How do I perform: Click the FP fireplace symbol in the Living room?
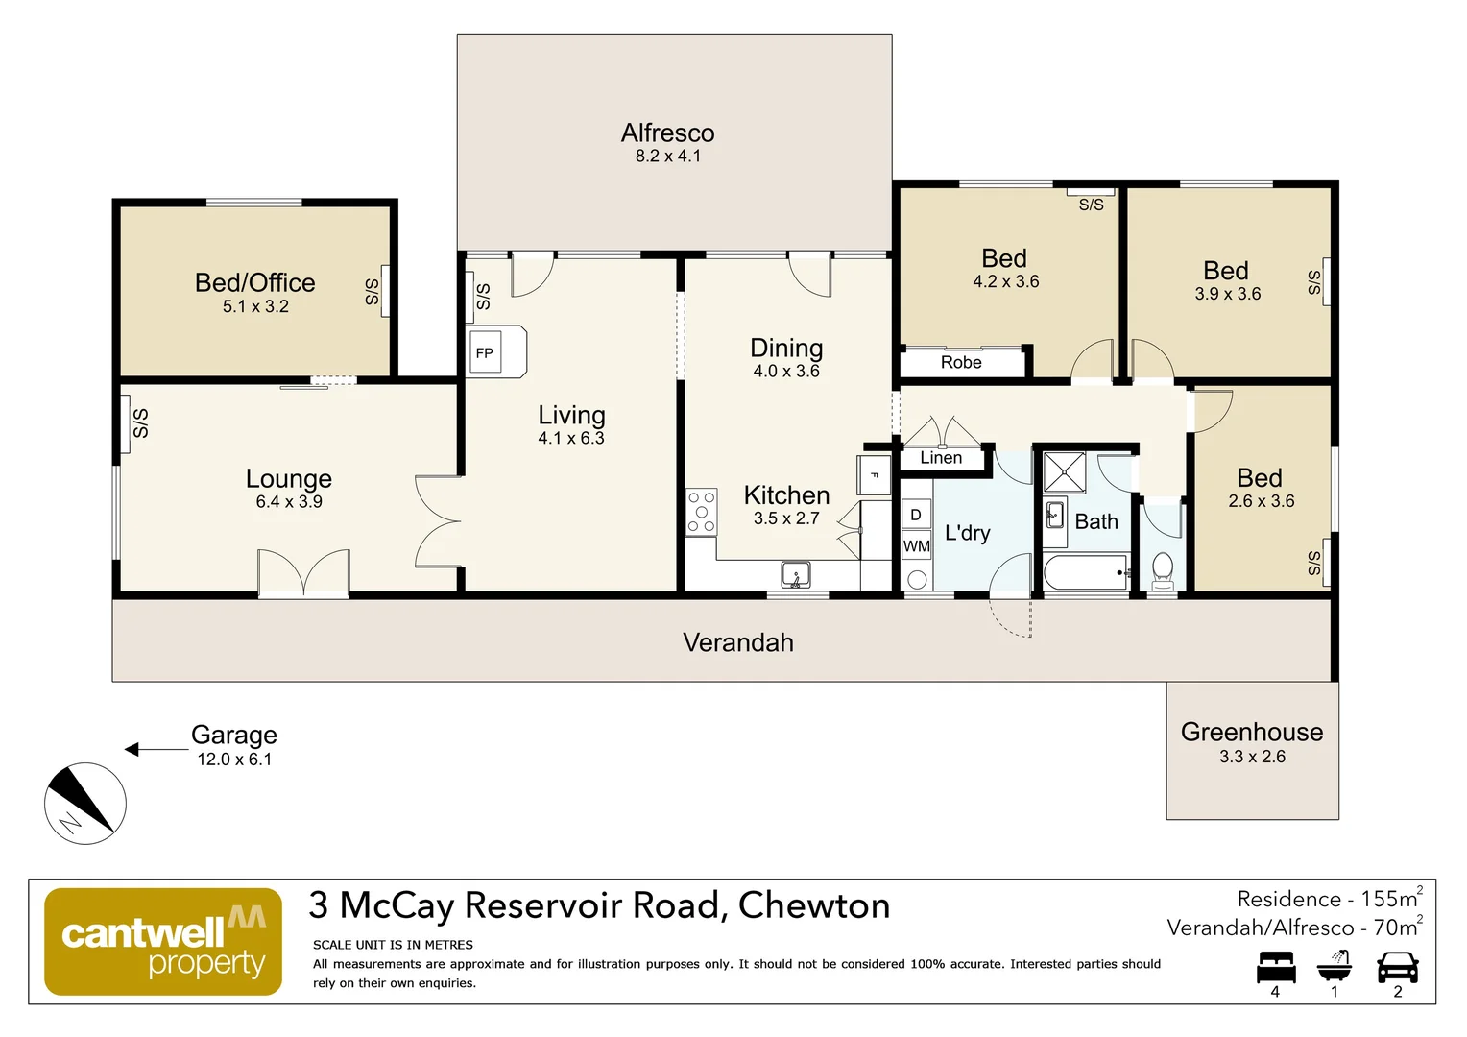(485, 353)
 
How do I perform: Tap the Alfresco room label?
(667, 133)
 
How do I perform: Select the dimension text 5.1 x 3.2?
(255, 306)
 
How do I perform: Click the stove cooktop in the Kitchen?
(701, 512)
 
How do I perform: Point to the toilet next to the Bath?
(1163, 570)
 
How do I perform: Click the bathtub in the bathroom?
(1086, 572)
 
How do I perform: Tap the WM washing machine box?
(916, 546)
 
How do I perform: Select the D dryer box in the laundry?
(916, 515)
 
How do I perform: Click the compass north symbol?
(85, 804)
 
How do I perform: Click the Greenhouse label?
(1251, 733)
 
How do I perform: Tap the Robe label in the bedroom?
(961, 363)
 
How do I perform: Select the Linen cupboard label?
(941, 458)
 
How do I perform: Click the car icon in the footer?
(1397, 967)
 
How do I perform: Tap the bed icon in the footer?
(1276, 967)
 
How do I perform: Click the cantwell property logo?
(163, 941)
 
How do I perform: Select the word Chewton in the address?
(814, 905)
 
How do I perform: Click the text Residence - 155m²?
(1329, 900)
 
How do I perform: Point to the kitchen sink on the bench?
(795, 574)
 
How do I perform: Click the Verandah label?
(737, 642)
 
